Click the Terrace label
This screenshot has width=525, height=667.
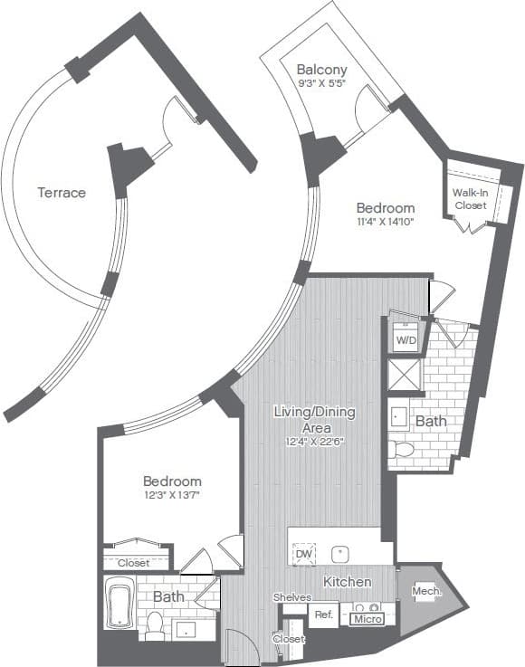pos(62,193)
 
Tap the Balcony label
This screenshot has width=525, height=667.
pos(322,70)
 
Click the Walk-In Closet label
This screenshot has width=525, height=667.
pos(470,199)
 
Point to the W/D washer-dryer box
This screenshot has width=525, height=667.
pos(405,340)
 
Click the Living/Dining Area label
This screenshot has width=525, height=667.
pos(315,419)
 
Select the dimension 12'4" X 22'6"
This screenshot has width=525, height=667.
pos(315,442)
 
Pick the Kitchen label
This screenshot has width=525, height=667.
pos(348,581)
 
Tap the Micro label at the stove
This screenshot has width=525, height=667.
pos(368,619)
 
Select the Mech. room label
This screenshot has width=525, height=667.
pos(426,592)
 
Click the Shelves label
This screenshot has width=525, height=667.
pos(292,597)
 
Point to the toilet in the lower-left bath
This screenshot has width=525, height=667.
pos(155,625)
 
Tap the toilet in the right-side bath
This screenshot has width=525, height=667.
pos(405,449)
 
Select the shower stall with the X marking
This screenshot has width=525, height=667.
pos(405,375)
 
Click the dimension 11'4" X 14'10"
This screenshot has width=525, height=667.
pos(384,223)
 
